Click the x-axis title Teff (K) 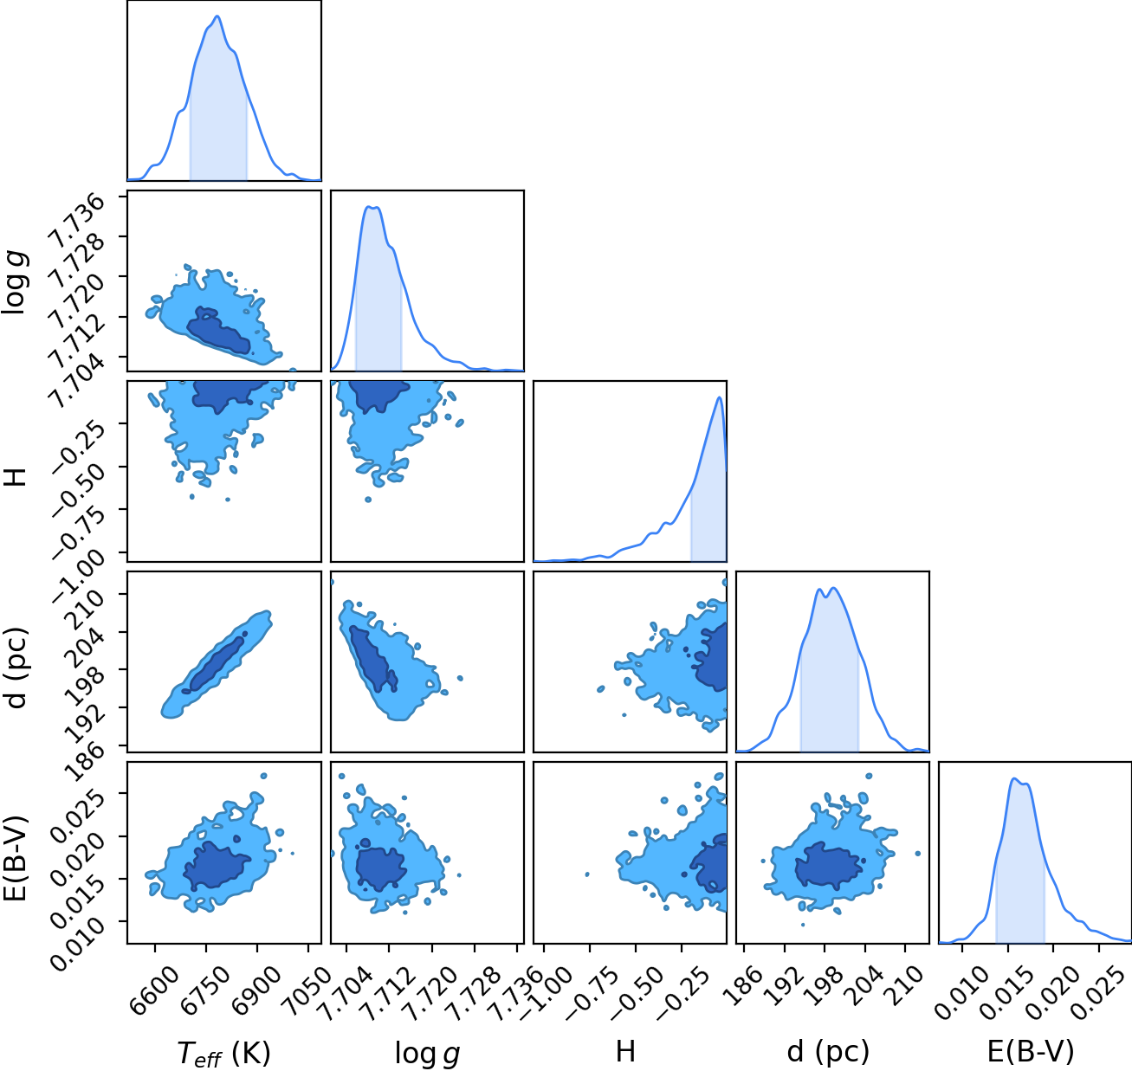tap(223, 1053)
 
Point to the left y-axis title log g tap(15, 281)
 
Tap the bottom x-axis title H tap(626, 1051)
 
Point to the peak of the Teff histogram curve tap(217, 16)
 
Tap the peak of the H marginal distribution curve tap(719, 397)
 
